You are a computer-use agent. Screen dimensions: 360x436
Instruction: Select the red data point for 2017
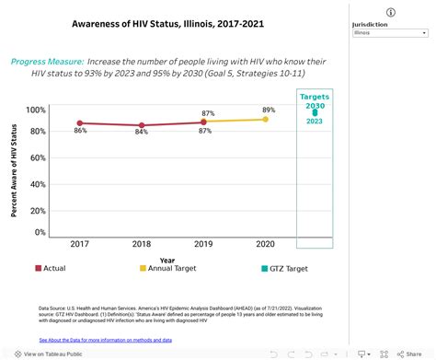tap(80, 122)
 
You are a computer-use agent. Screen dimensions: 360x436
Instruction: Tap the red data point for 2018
tap(141, 125)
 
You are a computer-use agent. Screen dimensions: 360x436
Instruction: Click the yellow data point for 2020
tap(266, 119)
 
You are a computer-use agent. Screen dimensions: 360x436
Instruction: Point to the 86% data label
tap(80, 132)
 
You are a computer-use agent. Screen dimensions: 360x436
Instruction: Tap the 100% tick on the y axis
tap(35, 110)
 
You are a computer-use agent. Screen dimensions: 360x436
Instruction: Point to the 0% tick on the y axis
tap(40, 232)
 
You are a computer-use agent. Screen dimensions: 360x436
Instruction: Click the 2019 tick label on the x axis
tap(204, 244)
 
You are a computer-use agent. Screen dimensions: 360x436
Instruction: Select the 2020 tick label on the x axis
tap(266, 244)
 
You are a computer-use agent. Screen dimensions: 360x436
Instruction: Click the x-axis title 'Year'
tap(166, 259)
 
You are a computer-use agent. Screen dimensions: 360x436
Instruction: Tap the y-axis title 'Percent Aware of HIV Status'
tap(16, 171)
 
